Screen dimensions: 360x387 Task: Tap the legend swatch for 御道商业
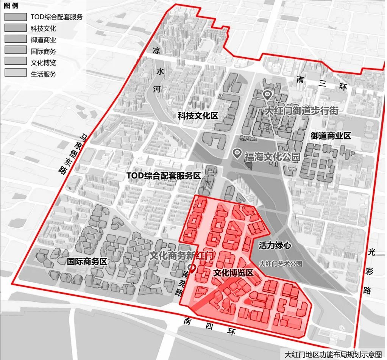[16, 39]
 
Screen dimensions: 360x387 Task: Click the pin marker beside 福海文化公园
[237, 153]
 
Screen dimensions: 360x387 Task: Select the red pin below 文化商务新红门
[192, 269]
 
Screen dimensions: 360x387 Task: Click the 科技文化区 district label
[198, 116]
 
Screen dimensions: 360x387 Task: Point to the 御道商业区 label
[331, 136]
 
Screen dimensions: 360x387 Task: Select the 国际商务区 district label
[87, 261]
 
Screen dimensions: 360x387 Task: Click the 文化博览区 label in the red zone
[233, 272]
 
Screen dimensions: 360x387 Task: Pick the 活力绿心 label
[275, 246]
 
